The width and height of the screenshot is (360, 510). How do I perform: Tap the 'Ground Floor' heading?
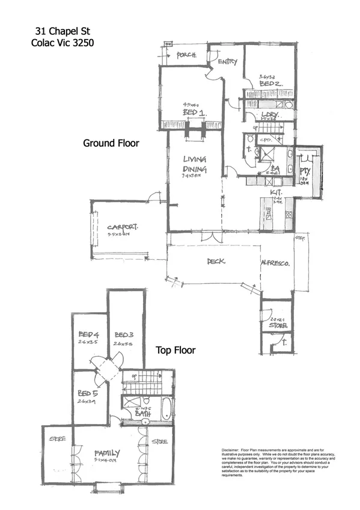pyautogui.click(x=111, y=143)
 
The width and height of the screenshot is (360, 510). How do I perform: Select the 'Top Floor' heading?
pyautogui.click(x=175, y=349)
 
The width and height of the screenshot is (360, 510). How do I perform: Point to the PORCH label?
pyautogui.click(x=189, y=55)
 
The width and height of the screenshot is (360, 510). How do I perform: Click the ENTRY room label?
pyautogui.click(x=227, y=61)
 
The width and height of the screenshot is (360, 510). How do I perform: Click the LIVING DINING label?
pyautogui.click(x=195, y=164)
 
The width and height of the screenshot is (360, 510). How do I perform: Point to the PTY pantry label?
pyautogui.click(x=304, y=171)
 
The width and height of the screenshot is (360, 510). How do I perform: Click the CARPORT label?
pyautogui.click(x=123, y=227)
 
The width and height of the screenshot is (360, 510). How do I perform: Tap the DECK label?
pyautogui.click(x=216, y=262)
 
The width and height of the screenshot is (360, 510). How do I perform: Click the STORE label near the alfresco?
pyautogui.click(x=278, y=325)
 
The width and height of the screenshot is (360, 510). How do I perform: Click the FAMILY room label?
pyautogui.click(x=107, y=453)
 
